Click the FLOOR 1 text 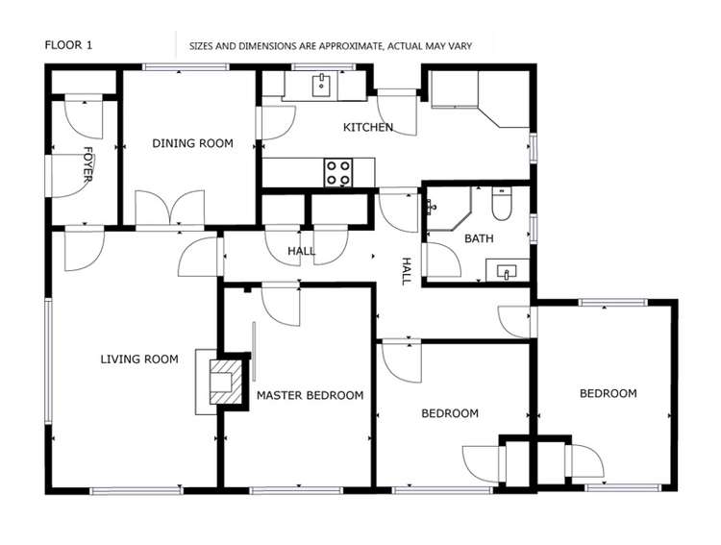coord(69,44)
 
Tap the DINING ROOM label coord(192,143)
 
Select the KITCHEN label coord(368,127)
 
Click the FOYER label coord(87,163)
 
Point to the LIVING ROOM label coord(139,359)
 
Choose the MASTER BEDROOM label coord(310,395)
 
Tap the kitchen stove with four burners coord(337,172)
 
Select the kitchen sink coord(321,87)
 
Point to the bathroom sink coord(506,272)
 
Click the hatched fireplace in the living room coord(222,382)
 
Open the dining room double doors coord(169,210)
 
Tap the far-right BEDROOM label coord(608,393)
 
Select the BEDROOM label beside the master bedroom coord(450,413)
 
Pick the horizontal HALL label coord(301,251)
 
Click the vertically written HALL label coord(406,270)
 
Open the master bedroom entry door coord(280,303)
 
